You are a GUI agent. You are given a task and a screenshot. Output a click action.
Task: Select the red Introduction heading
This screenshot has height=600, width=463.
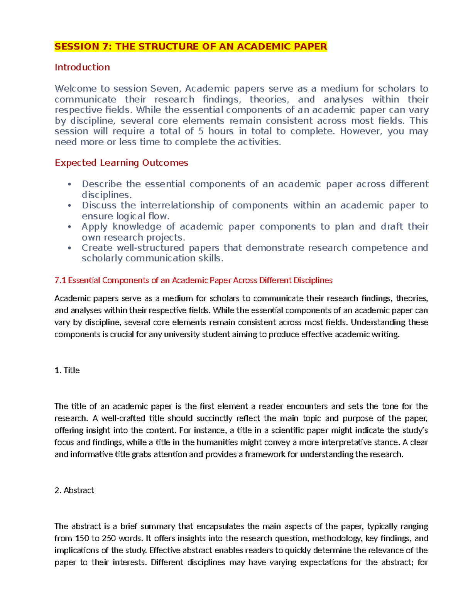click(x=82, y=67)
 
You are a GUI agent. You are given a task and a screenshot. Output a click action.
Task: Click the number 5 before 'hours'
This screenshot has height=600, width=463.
click(x=201, y=131)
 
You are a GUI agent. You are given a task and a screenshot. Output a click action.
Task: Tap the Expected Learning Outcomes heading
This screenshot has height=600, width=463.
click(x=121, y=163)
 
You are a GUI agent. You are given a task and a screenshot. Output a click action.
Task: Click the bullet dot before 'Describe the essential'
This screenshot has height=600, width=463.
click(x=69, y=184)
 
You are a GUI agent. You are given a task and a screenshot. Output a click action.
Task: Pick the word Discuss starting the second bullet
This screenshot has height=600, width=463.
click(x=99, y=206)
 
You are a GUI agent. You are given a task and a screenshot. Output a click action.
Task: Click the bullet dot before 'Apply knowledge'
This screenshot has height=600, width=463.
click(x=69, y=227)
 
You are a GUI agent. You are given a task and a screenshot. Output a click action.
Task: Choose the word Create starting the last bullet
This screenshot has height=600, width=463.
click(x=96, y=248)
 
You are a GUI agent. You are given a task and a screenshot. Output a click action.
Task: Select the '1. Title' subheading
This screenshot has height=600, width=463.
click(x=67, y=371)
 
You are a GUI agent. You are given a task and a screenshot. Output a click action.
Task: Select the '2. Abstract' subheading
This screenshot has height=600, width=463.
click(x=74, y=490)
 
